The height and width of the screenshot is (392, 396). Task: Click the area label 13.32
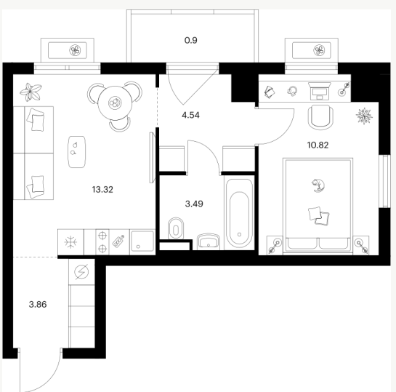pyautogui.click(x=102, y=189)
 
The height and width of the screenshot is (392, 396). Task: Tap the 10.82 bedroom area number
pyautogui.click(x=318, y=145)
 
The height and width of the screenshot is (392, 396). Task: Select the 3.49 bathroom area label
pyautogui.click(x=194, y=204)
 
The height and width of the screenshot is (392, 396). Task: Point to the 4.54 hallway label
pyautogui.click(x=190, y=115)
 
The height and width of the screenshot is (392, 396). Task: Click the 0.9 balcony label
pyautogui.click(x=190, y=41)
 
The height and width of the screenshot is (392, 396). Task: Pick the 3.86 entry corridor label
pyautogui.click(x=38, y=304)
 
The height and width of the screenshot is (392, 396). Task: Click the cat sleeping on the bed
pyautogui.click(x=318, y=185)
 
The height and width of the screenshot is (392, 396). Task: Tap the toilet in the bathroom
pyautogui.click(x=176, y=228)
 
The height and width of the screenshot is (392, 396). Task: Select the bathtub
pyautogui.click(x=239, y=213)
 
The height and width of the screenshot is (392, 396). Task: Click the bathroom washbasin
pyautogui.click(x=209, y=241)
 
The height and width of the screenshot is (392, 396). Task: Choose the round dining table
pyautogui.click(x=115, y=103)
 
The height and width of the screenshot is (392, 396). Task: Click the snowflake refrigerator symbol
pyautogui.click(x=70, y=242)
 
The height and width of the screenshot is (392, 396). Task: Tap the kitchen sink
pyautogui.click(x=142, y=241)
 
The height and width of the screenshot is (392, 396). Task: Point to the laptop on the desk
pyautogui.click(x=320, y=91)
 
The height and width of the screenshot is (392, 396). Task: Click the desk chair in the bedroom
pyautogui.click(x=320, y=117)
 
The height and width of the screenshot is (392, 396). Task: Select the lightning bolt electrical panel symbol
pyautogui.click(x=81, y=272)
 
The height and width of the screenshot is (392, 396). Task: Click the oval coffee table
pyautogui.click(x=76, y=152)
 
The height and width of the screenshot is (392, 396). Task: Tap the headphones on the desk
pyautogui.click(x=292, y=91)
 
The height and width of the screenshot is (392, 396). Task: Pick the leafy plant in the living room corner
pyautogui.click(x=31, y=92)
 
